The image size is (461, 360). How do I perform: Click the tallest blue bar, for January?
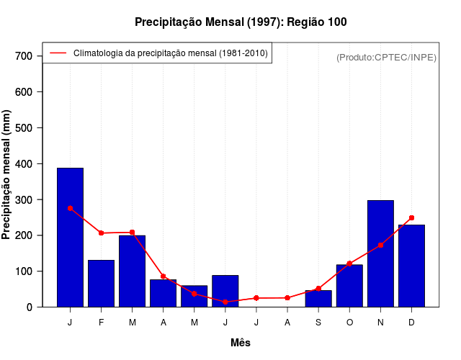click(x=70, y=238)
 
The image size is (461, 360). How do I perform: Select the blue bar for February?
click(x=101, y=284)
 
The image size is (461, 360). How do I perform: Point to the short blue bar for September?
click(x=318, y=299)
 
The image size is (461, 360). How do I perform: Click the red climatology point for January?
click(x=70, y=208)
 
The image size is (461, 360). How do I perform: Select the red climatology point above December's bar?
click(x=411, y=217)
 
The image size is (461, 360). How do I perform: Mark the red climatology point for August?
click(x=287, y=297)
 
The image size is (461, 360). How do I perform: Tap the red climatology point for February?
click(x=101, y=233)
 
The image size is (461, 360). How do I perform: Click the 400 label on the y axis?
click(x=24, y=163)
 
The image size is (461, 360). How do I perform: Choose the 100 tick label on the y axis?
click(x=24, y=271)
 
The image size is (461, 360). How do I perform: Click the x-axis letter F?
click(x=101, y=323)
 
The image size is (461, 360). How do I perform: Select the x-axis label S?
click(x=318, y=323)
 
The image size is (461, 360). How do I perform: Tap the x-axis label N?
click(x=380, y=323)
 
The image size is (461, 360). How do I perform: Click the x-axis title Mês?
click(x=241, y=343)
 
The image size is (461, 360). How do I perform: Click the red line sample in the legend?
click(x=58, y=53)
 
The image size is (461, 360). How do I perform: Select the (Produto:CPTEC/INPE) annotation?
click(x=386, y=57)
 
